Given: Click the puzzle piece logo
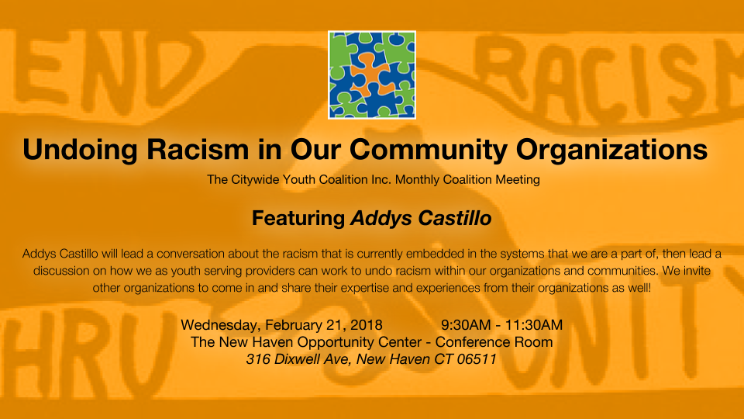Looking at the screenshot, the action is tap(371, 74).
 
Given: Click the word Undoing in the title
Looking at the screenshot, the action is tap(80, 150).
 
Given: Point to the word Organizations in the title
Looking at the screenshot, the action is tap(611, 150).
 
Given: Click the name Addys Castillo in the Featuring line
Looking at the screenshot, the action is tap(421, 219).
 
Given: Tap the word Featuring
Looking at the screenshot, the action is tap(298, 219).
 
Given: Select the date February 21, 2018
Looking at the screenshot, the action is tap(324, 325).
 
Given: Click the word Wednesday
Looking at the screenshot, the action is tap(221, 325).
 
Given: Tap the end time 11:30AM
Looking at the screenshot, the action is tap(534, 325).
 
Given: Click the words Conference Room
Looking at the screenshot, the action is tap(494, 342).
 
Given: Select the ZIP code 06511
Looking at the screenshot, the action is tap(477, 359).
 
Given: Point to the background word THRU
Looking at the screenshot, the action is tap(85, 351).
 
